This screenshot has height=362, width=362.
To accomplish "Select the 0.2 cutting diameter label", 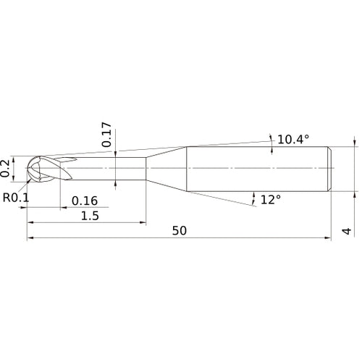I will pos(7,167).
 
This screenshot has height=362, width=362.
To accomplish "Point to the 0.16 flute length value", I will pos(85,201).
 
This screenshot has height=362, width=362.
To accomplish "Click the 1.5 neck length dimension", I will pos(91,216).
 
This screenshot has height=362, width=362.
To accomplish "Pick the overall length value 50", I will pos(181,231).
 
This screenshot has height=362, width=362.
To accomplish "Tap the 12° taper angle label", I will pos(271,199).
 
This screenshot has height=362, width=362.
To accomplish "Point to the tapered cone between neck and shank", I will pos(167,169).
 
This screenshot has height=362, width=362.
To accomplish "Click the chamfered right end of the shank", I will pos(330,169).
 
